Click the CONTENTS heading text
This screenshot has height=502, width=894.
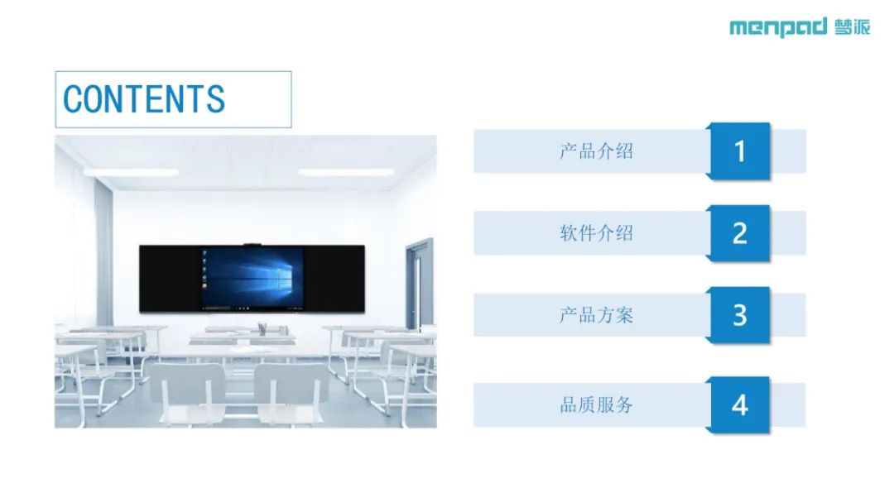coord(144,99)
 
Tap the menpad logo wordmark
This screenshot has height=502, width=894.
coord(777,26)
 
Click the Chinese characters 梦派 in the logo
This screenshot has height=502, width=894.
coord(853,26)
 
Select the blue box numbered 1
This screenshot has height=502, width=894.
coord(739,151)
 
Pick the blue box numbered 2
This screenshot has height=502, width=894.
coord(739,233)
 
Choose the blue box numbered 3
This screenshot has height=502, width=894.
coord(739,315)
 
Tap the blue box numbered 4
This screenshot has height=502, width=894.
coord(739,404)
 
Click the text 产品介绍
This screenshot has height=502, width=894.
coord(596,151)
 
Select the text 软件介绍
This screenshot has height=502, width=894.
coord(596,233)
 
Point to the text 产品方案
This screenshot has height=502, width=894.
coord(596,315)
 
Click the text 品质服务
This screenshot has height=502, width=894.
coord(596,404)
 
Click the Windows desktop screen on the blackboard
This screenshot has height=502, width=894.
coord(252,279)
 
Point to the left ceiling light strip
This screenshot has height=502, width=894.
coord(131,171)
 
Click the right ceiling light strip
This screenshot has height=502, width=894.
coord(346,171)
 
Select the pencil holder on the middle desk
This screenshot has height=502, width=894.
coord(262,329)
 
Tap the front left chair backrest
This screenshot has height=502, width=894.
coord(188,380)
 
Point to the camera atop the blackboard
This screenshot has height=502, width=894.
coord(252,245)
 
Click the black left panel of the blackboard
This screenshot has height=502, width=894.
coord(171,279)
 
